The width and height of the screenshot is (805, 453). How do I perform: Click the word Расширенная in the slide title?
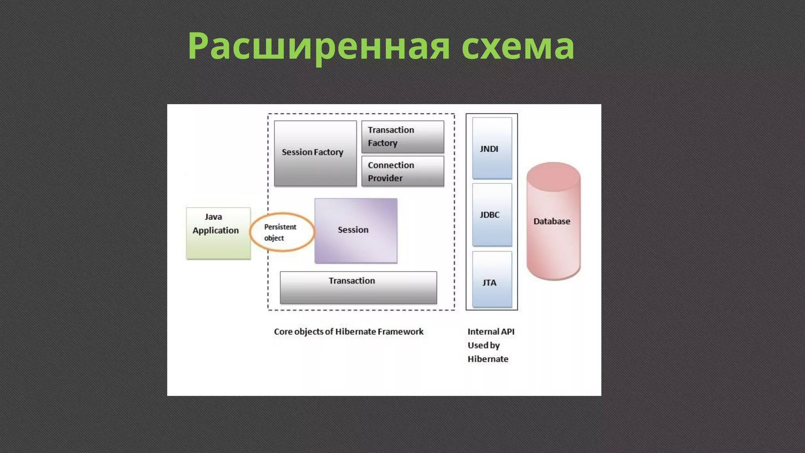(x=318, y=46)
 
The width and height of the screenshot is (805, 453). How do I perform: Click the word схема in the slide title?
(x=518, y=46)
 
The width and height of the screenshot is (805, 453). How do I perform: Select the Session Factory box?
(x=315, y=153)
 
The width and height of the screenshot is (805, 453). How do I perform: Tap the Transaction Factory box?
(x=402, y=136)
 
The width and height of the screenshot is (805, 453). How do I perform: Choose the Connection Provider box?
(x=402, y=171)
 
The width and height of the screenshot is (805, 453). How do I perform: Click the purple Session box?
(x=356, y=230)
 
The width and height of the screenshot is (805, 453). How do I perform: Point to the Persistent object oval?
(x=282, y=232)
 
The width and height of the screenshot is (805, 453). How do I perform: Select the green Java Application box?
(x=218, y=233)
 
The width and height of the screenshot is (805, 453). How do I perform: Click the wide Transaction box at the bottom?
(x=358, y=287)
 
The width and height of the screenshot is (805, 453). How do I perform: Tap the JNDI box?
(x=492, y=148)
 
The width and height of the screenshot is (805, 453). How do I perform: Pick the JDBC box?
(x=492, y=215)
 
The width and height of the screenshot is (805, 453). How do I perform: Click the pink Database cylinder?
(x=553, y=221)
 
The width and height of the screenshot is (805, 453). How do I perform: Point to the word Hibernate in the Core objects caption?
(x=355, y=331)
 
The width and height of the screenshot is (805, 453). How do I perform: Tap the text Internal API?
(x=491, y=331)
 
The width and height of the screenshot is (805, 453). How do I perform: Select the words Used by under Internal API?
(x=483, y=345)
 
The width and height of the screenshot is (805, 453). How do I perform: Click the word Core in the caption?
(x=283, y=331)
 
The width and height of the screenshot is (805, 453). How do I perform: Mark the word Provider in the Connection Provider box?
(x=385, y=178)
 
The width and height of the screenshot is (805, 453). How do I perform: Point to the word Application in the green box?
(x=215, y=230)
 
